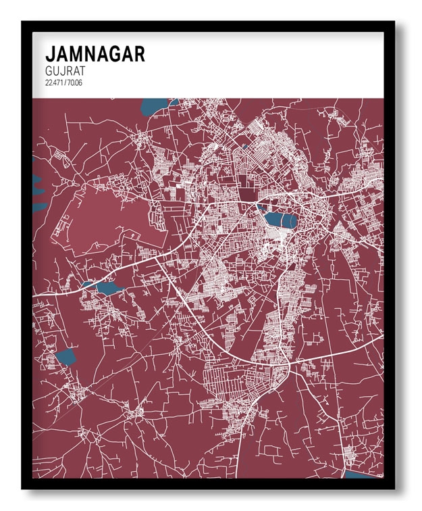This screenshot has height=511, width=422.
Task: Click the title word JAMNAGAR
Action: click(x=95, y=54)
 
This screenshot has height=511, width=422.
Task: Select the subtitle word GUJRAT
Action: click(x=65, y=70)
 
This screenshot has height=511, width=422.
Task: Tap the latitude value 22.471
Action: click(x=53, y=82)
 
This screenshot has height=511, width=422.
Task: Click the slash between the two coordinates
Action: click(x=64, y=82)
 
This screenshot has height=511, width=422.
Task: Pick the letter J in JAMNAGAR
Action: click(x=49, y=54)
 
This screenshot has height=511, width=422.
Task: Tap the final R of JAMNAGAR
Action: click(x=138, y=54)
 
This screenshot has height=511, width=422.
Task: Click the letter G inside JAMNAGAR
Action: click(x=113, y=54)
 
